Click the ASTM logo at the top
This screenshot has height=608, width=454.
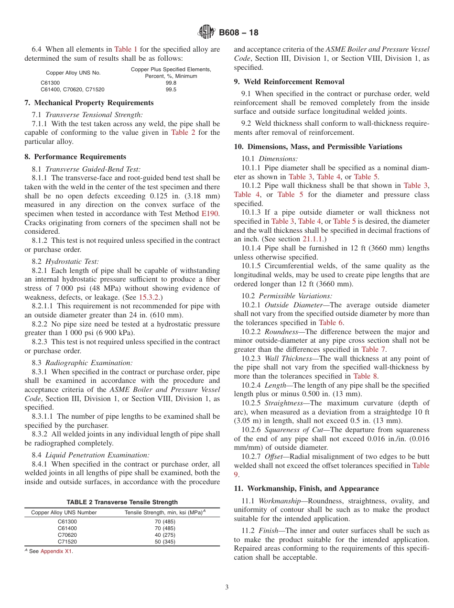[x=206, y=33]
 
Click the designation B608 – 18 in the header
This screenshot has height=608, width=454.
[x=238, y=33]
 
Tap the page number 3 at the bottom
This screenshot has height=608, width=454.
[x=227, y=587]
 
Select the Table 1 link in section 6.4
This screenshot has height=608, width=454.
[x=126, y=49]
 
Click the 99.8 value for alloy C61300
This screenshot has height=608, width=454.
[x=171, y=83]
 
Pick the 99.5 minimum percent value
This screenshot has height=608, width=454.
[x=171, y=89]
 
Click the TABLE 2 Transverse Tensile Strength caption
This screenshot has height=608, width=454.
[x=122, y=502]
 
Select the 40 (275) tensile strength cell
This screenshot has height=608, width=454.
[x=165, y=535]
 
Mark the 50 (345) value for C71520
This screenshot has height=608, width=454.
[x=165, y=542]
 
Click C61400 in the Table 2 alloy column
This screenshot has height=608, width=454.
[x=67, y=528]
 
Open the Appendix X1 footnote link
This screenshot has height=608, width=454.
[x=56, y=551]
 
